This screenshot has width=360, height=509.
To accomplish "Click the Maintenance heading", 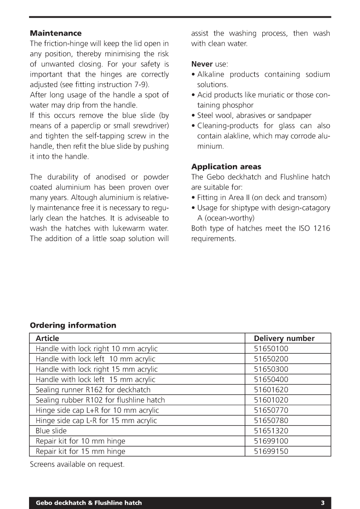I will click(x=55, y=33).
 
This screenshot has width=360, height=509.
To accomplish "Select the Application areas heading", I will click(x=226, y=167).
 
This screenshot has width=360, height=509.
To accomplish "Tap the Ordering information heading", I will click(x=73, y=326).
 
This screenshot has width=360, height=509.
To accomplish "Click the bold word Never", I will click(x=202, y=64).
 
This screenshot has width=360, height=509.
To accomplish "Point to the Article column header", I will click(x=47, y=338).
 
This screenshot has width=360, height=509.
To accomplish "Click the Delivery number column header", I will click(x=284, y=338).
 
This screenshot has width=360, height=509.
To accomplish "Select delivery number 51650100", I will click(x=271, y=349).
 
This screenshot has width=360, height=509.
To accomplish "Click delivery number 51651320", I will click(x=271, y=431).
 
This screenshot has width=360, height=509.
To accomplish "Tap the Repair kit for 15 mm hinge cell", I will click(x=80, y=451).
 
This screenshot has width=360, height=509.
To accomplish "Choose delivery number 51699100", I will click(x=271, y=441).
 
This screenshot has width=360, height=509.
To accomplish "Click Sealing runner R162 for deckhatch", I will click(x=93, y=390).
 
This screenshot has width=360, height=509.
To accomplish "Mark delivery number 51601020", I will click(x=271, y=400).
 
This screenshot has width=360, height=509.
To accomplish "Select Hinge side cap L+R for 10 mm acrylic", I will click(x=97, y=410).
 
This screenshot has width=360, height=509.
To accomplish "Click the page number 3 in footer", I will click(x=323, y=503).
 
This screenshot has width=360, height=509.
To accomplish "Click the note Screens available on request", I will click(x=77, y=464).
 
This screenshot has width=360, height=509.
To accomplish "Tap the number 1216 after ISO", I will click(x=321, y=228).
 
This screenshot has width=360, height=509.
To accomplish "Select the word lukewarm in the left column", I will click(x=125, y=228).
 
